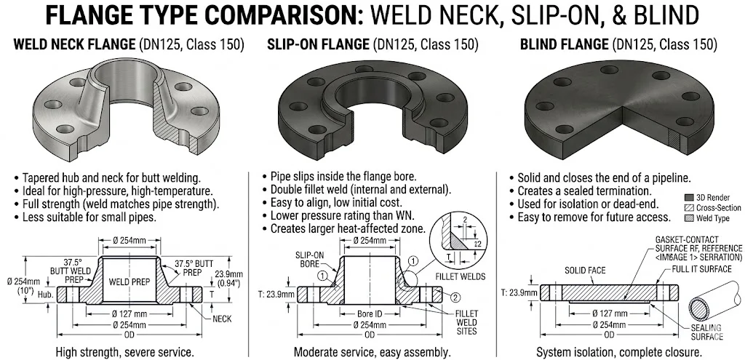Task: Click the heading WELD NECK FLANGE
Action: pos(75,44)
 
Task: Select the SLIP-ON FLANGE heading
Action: pos(318,44)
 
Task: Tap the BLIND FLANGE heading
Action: pos(564,44)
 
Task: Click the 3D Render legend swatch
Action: pos(689,198)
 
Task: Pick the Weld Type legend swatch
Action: pos(689,218)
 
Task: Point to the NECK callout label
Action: pos(222,319)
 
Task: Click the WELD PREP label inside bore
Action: pos(130,281)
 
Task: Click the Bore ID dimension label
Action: pos(370,314)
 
